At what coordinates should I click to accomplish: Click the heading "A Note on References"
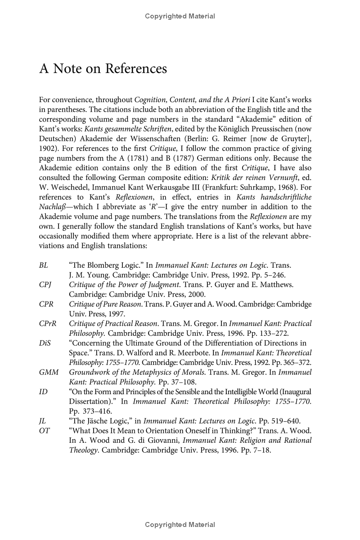103,69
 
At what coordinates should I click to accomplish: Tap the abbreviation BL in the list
44,265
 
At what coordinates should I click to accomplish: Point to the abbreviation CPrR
47,324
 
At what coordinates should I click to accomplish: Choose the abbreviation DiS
45,343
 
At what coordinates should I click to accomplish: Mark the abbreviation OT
44,431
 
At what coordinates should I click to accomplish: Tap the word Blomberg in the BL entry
100,265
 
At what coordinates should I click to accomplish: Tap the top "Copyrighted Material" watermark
180,16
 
